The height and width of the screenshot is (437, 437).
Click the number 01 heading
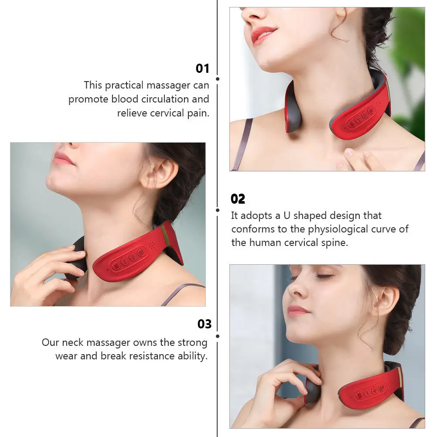pyautogui.click(x=202, y=68)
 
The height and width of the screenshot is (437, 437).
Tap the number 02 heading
pyautogui.click(x=238, y=199)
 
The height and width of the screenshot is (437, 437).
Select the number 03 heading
pyautogui.click(x=204, y=324)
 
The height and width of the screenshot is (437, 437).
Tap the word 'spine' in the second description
pyautogui.click(x=335, y=243)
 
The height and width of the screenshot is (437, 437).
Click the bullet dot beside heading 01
pyautogui.click(x=218, y=79)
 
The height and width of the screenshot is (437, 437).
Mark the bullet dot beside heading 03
pyautogui.click(x=218, y=336)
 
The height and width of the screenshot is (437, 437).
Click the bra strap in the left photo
pyautogui.click(x=183, y=292)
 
